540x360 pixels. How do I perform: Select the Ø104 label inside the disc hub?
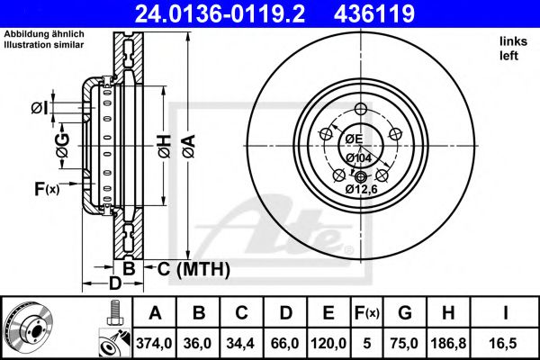click(359, 158)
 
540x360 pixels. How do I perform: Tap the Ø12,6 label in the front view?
click(360, 189)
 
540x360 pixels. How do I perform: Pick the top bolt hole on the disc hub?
click(361, 110)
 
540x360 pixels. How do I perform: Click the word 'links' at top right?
click(512, 41)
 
